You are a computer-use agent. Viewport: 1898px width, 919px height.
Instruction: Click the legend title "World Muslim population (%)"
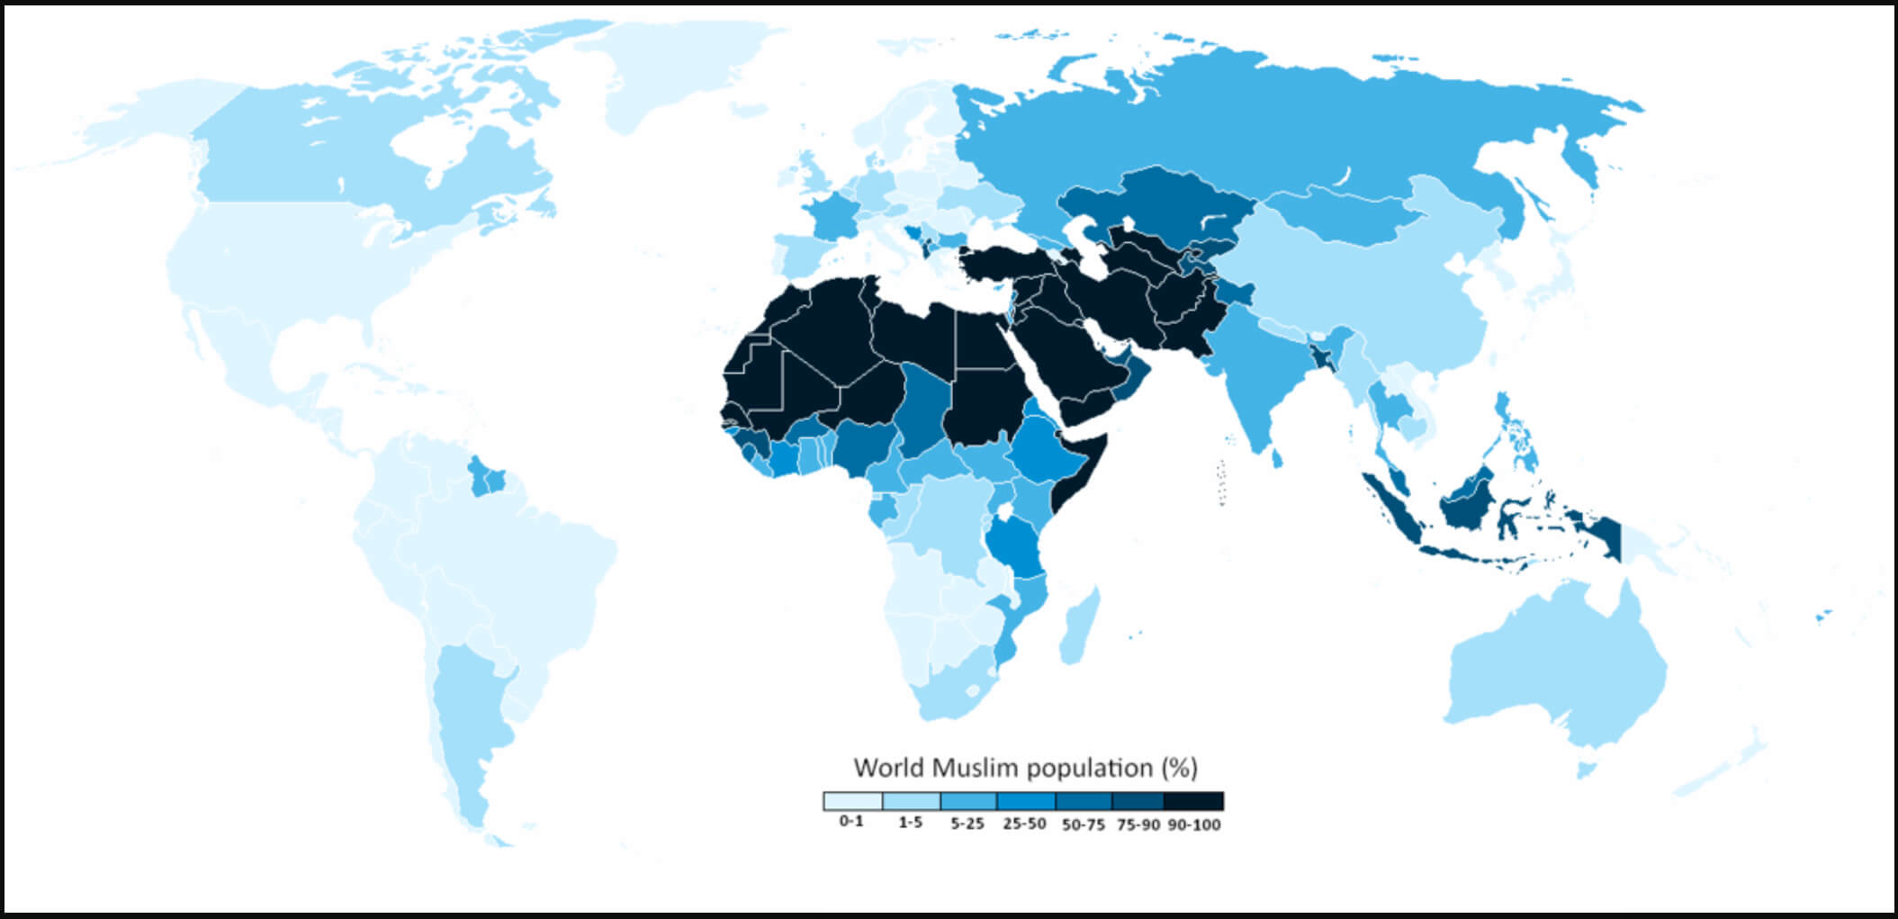coord(1025,769)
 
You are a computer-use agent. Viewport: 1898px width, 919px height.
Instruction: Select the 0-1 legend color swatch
coord(852,801)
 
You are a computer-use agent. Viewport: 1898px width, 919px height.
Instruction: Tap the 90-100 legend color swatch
coord(1194,801)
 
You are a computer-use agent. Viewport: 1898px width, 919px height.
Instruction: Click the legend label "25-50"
coord(1024,824)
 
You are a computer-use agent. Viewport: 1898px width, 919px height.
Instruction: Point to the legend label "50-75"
coord(1083,824)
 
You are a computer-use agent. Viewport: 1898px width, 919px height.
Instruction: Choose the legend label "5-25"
coord(967,824)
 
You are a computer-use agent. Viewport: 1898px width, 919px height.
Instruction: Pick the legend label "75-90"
coord(1138,824)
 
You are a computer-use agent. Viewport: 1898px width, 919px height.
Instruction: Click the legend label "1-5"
coord(910,823)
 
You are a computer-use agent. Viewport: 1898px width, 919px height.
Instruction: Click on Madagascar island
coord(1078,625)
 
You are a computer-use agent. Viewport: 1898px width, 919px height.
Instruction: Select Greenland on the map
coord(684,72)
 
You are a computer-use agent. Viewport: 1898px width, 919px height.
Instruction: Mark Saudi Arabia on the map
coord(1062,351)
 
